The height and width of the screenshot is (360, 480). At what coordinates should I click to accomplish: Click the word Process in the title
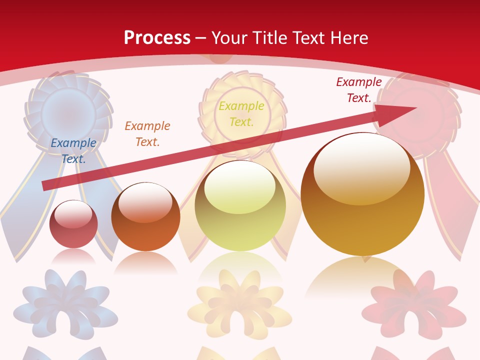tap(157, 38)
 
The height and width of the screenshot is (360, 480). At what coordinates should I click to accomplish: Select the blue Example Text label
tap(73, 151)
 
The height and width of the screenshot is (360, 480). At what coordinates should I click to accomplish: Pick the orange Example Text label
tap(147, 134)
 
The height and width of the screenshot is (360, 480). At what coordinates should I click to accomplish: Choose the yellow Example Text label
tap(241, 113)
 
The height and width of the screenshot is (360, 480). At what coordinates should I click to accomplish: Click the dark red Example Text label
tap(359, 90)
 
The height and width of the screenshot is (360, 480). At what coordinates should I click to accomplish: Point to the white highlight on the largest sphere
tap(361, 167)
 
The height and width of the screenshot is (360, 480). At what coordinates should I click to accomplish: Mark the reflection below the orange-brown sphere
tap(145, 262)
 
